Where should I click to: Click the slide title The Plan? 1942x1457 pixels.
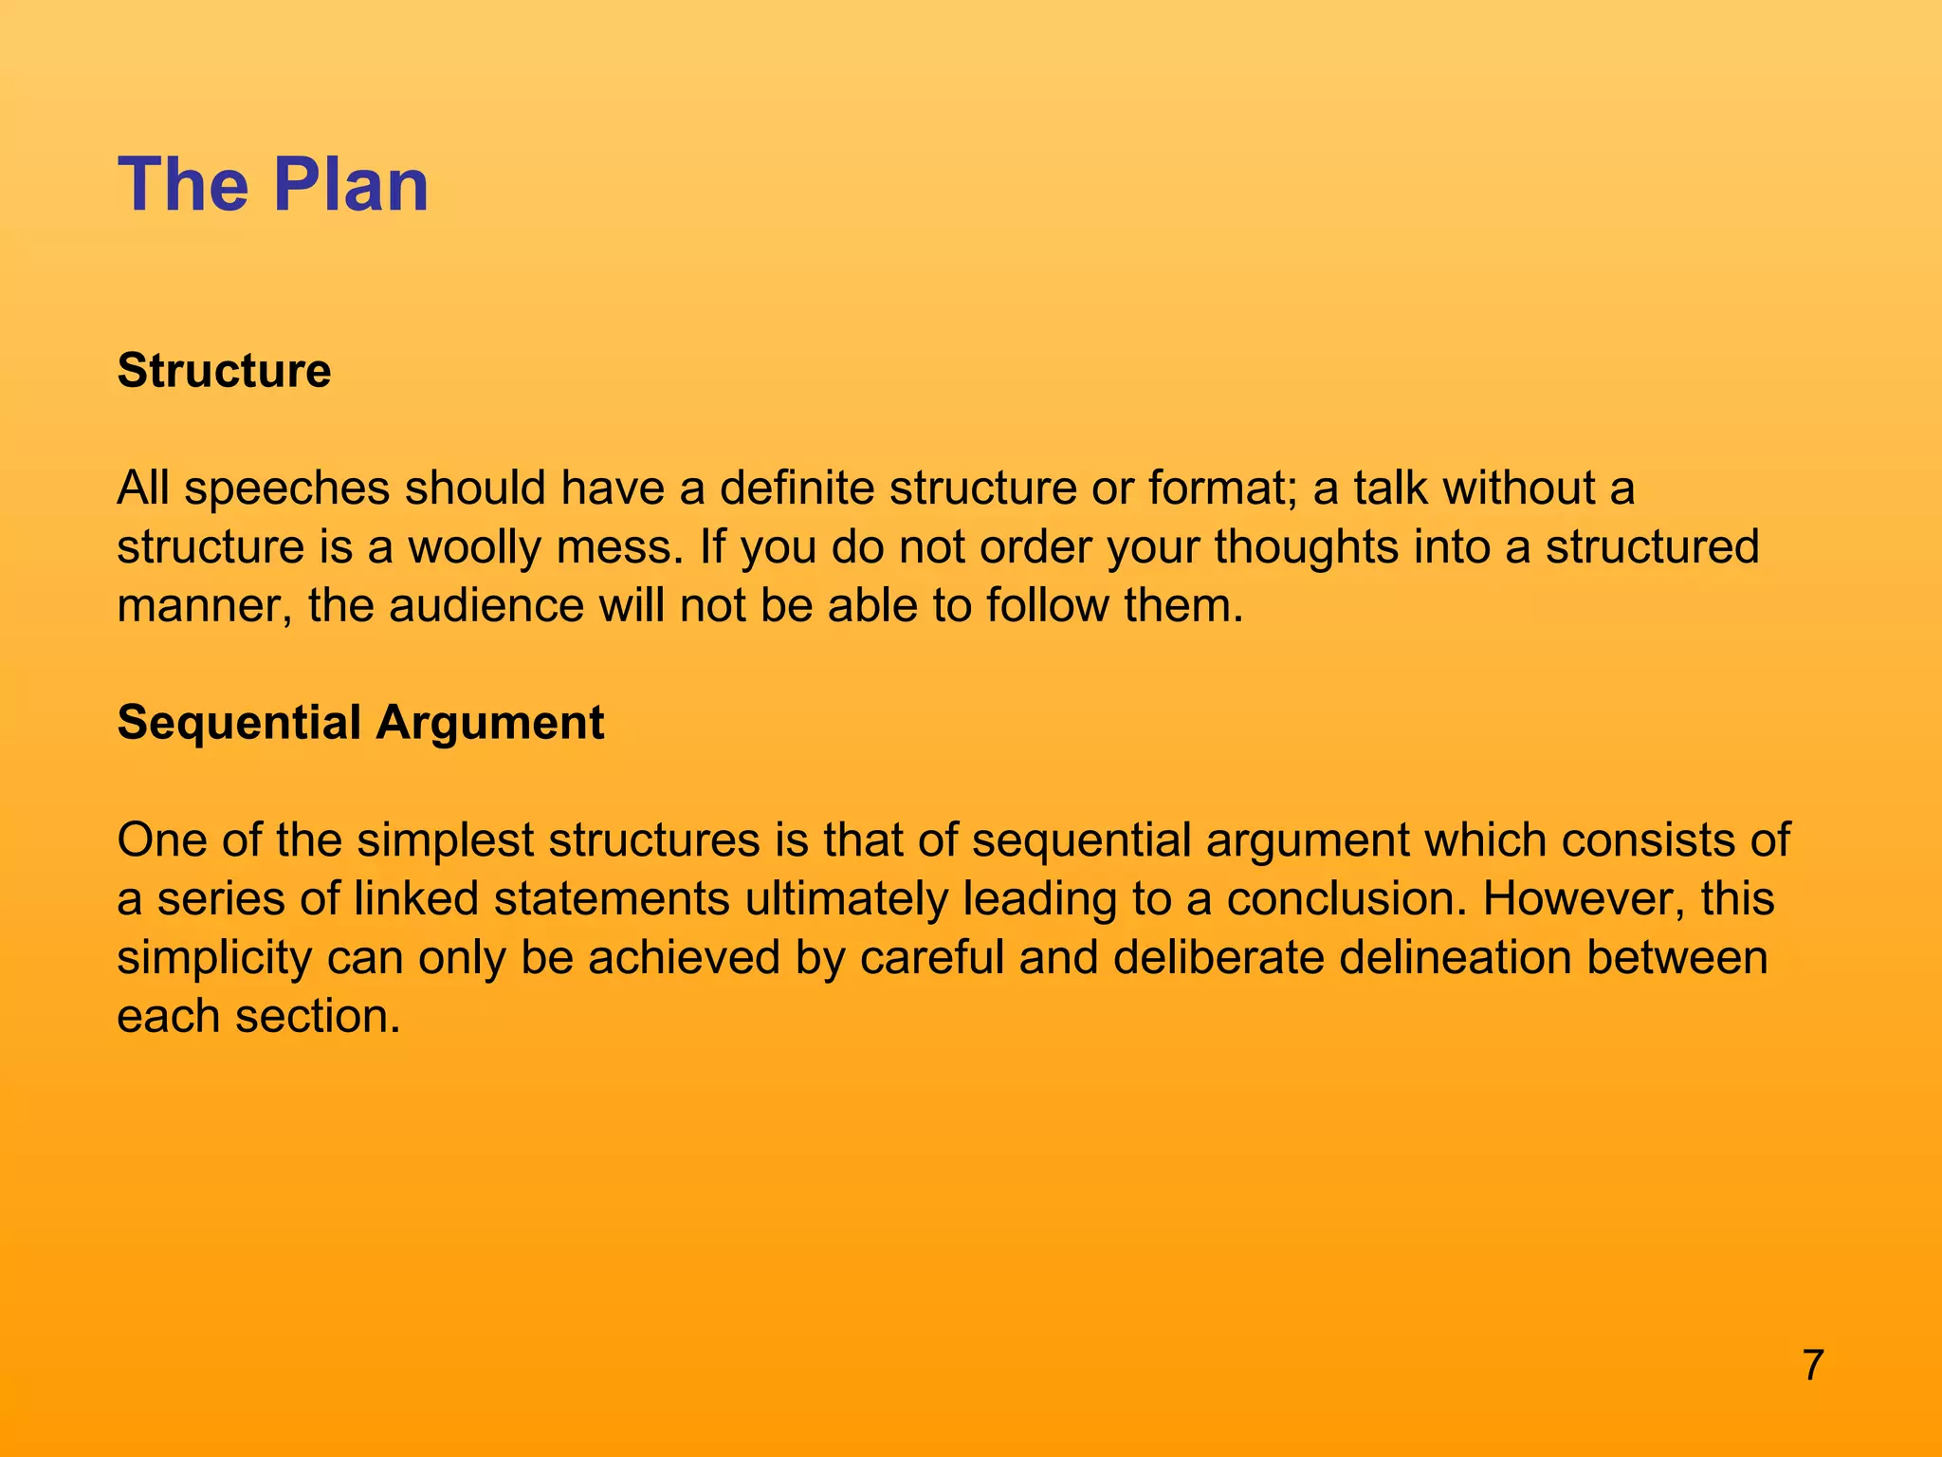pyautogui.click(x=273, y=184)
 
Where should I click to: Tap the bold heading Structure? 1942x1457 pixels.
pyautogui.click(x=224, y=370)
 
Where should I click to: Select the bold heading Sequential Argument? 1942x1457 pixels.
pyautogui.click(x=360, y=723)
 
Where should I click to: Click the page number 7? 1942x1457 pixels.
pyautogui.click(x=1813, y=1366)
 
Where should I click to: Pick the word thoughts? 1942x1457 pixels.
pyautogui.click(x=1307, y=547)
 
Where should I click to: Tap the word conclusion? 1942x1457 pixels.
pyautogui.click(x=1347, y=899)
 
